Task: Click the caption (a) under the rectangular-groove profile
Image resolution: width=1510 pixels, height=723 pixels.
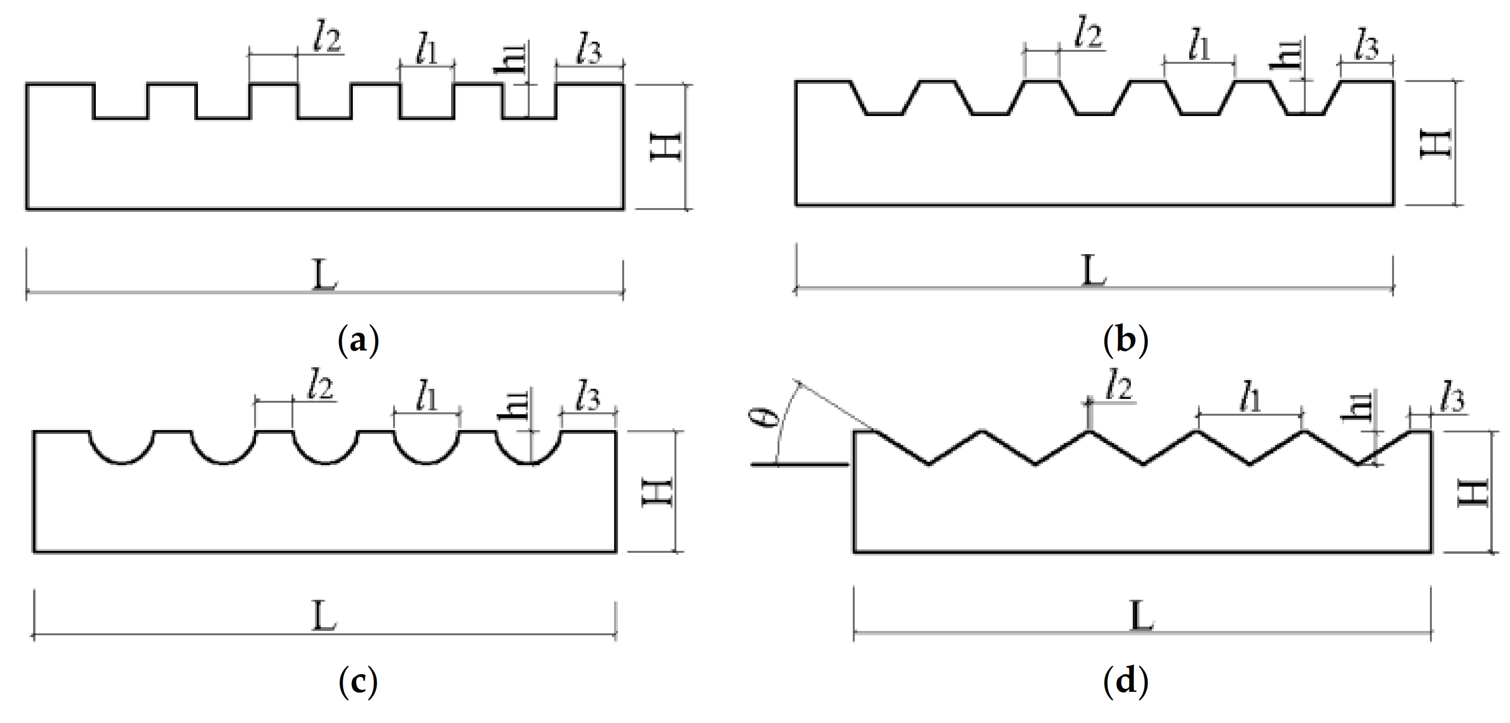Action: tap(358, 340)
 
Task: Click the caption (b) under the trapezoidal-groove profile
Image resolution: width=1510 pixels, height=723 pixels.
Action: tap(1126, 340)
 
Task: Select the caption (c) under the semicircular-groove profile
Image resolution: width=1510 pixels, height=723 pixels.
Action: tap(358, 681)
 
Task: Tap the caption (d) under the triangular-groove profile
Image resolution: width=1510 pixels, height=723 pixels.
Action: tap(1126, 681)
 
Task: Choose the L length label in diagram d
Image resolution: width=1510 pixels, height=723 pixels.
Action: tap(1141, 616)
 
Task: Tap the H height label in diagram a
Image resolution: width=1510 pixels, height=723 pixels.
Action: tap(666, 146)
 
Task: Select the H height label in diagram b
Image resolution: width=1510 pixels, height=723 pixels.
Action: tap(1434, 144)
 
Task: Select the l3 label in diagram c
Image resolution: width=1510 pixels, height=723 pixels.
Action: tap(587, 397)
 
